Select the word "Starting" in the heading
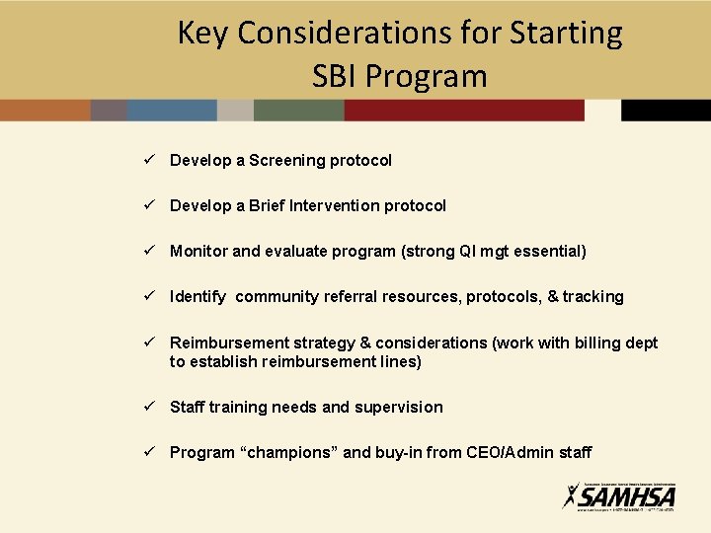566,34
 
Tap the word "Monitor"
198,251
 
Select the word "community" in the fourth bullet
281,296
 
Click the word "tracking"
593,296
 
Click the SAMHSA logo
619,495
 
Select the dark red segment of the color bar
464,110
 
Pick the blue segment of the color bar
172,110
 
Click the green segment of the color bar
298,110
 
